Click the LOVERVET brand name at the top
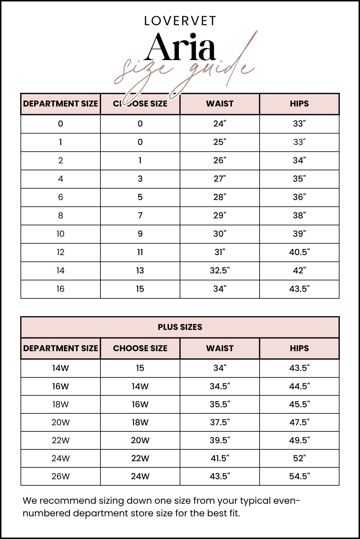180,21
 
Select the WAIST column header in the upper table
220,104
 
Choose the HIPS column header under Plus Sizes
299,348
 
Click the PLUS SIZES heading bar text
180,327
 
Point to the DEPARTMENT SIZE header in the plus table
60,348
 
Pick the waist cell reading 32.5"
220,271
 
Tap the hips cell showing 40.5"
299,252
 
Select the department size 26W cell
60,476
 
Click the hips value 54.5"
299,476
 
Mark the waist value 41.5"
220,458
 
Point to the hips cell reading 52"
299,458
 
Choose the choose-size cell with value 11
140,252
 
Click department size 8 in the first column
60,216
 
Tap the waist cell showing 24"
220,124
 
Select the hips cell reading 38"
299,216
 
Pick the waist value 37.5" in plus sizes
220,422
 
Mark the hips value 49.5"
299,440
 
